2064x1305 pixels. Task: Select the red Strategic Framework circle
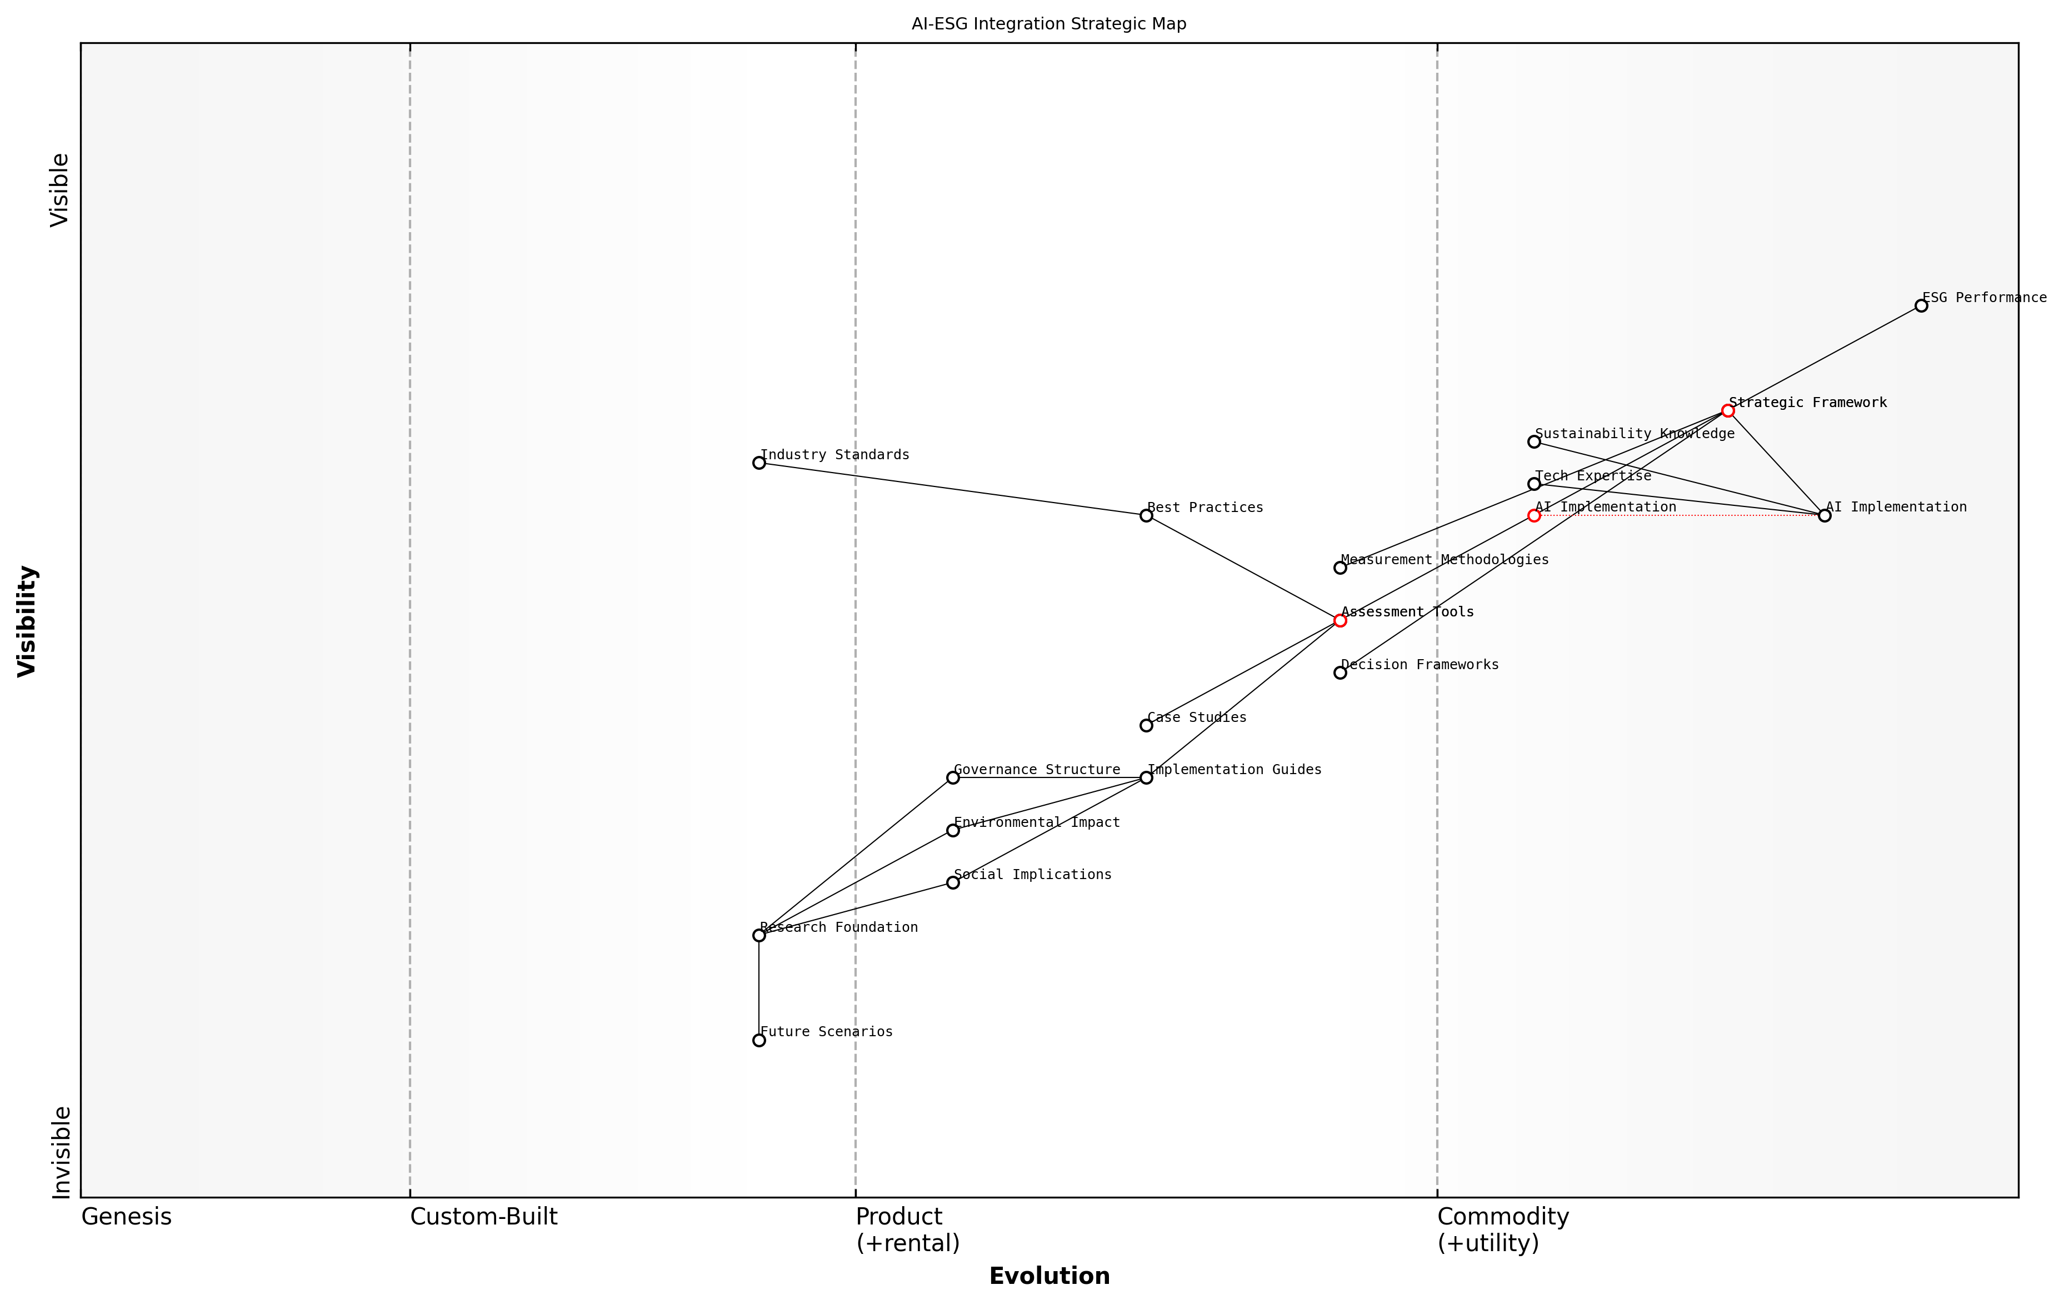[x=1727, y=411]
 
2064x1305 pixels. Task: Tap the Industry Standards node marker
[x=758, y=463]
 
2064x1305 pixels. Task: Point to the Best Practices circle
[x=1146, y=516]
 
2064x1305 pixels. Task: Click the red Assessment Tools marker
[x=1340, y=620]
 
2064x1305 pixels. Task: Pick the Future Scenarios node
[x=758, y=1040]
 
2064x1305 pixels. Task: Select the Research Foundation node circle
[x=758, y=936]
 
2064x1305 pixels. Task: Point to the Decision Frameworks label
[x=1420, y=665]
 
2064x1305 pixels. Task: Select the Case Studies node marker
[x=1146, y=726]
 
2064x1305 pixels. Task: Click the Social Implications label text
[x=1032, y=875]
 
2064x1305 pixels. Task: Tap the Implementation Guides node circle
[x=1146, y=778]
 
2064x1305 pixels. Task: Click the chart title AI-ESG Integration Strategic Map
[x=1048, y=24]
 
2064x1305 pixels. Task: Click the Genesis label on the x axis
[x=126, y=1217]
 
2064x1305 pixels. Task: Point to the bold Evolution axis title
[x=1048, y=1276]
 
